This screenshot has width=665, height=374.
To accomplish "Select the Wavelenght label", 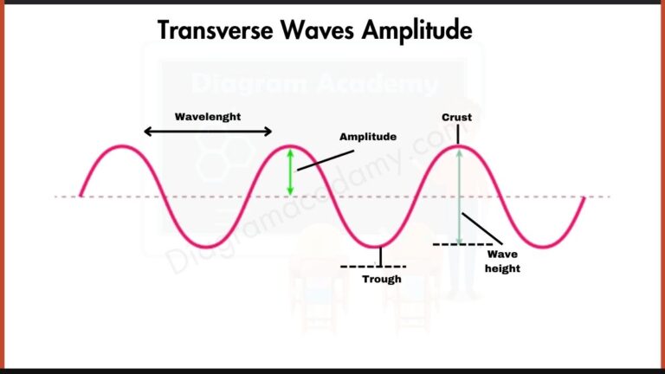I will click(208, 116).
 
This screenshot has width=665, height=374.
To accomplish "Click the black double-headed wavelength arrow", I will click(208, 132).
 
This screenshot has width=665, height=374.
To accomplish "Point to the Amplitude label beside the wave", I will click(368, 137).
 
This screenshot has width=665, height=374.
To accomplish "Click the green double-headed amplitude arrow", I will click(291, 171).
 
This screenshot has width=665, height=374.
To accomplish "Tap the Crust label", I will click(456, 117).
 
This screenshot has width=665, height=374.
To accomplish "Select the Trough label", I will click(382, 279).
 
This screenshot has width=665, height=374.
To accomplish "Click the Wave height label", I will click(503, 261).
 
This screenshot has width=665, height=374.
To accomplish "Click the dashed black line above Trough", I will click(373, 266).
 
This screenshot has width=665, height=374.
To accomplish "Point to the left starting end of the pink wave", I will click(81, 196).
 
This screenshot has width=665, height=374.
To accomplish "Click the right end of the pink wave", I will click(584, 197).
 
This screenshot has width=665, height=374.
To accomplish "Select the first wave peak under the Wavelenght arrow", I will click(123, 147).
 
